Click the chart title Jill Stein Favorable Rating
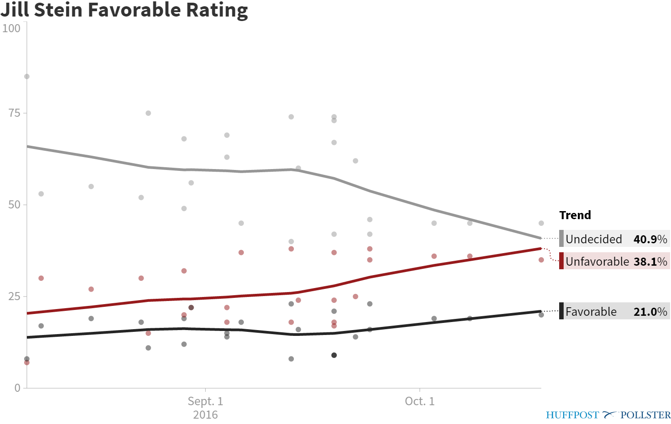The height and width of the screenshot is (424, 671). pos(124,10)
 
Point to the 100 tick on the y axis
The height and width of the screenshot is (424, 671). pos(12,28)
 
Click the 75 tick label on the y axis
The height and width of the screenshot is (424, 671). pos(14,113)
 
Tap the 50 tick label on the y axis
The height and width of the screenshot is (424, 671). pos(14,205)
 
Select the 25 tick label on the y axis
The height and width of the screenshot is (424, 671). pos(14,297)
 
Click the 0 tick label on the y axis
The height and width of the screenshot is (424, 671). pos(17,388)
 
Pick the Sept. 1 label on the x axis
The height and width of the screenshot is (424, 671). pos(205,401)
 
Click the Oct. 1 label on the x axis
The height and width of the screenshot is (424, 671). pos(420,401)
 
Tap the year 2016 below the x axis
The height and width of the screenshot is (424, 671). pos(205,415)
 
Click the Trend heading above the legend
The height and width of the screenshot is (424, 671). pos(575,215)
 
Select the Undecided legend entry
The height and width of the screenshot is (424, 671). pos(594,239)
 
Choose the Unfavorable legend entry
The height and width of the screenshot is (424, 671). pos(597,262)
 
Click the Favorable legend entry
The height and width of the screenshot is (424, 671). pos(591,312)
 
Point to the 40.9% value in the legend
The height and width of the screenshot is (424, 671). pos(650,239)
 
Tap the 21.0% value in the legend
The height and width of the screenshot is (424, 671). pos(650,312)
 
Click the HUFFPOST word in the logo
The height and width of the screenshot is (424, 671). pos(572,415)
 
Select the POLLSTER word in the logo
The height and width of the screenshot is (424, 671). pos(646,415)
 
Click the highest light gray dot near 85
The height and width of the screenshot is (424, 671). pos(27,76)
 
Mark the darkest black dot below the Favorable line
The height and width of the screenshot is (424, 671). pos(334,355)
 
